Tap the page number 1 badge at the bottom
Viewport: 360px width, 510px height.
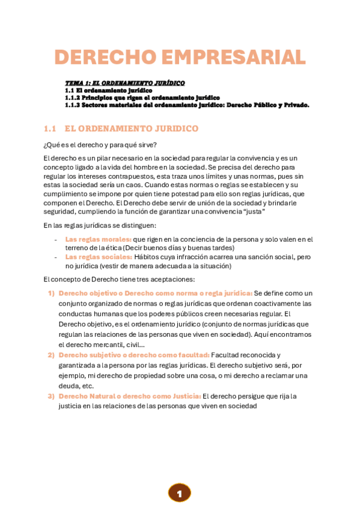[x=179, y=493]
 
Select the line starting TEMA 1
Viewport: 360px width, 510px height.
[x=124, y=83]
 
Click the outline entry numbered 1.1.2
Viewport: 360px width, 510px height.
[x=142, y=97]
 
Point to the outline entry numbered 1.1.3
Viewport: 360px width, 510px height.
[x=187, y=105]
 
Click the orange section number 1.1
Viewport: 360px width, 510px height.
[x=50, y=129]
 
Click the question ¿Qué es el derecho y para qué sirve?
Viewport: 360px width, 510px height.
[x=100, y=145]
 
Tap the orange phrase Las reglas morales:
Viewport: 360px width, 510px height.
[x=98, y=239]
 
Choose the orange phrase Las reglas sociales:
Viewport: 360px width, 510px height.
[x=98, y=257]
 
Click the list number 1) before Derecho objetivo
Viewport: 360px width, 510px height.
[x=51, y=293]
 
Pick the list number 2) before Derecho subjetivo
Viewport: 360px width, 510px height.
[x=51, y=355]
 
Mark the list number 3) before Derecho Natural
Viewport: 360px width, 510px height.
[x=51, y=396]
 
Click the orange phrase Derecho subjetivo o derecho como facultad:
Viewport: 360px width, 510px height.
[x=134, y=355]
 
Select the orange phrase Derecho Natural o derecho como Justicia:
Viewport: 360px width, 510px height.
[x=129, y=396]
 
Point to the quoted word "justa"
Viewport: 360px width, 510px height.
[x=254, y=212]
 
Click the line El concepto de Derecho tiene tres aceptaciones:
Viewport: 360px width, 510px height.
[x=119, y=279]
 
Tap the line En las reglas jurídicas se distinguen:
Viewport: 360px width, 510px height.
[x=100, y=226]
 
